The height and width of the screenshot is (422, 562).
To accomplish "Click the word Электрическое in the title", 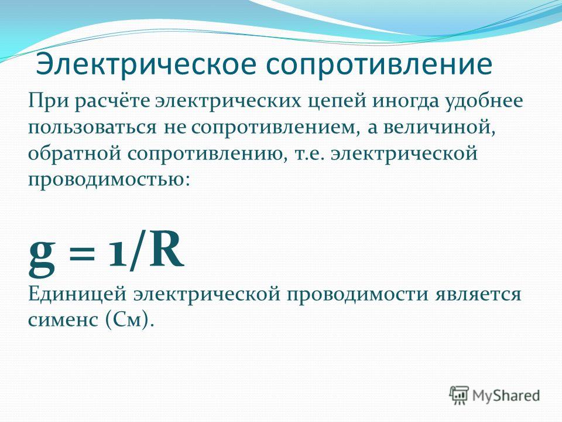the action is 146,65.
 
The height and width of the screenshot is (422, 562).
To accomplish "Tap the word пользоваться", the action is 92,128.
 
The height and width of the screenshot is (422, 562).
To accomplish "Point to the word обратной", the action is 74,153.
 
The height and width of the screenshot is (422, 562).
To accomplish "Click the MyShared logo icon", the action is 459,396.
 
